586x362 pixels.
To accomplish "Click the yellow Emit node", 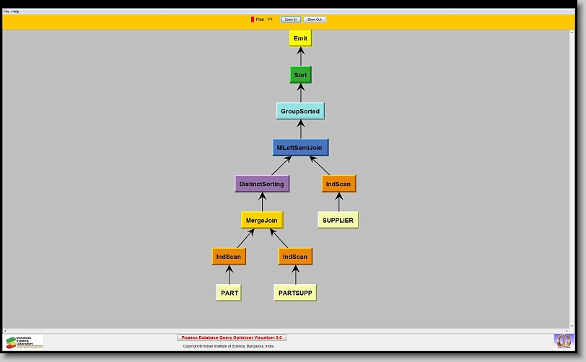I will [300, 38].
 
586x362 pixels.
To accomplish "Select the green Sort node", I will [300, 75].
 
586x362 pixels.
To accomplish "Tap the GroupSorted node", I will [300, 111].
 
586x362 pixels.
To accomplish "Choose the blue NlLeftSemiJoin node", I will [301, 148].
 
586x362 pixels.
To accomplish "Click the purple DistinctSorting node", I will [262, 184].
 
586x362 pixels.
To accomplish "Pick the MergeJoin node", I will [261, 220].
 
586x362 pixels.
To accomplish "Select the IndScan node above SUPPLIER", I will [338, 184].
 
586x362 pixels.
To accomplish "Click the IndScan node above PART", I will [229, 257].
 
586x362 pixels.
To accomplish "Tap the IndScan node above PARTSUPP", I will [294, 257].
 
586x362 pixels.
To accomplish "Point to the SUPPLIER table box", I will [338, 220].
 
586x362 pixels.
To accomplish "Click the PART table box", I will [229, 293].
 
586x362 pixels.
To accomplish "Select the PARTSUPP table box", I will [294, 293].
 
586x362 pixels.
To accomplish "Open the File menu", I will [6, 12].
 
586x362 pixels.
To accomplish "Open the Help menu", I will [15, 12].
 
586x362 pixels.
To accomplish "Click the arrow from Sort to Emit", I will [300, 56].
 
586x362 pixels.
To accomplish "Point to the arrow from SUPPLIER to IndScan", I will [338, 202].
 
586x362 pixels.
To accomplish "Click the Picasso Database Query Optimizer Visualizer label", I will [232, 337].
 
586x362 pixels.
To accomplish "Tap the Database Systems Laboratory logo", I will [24, 341].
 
